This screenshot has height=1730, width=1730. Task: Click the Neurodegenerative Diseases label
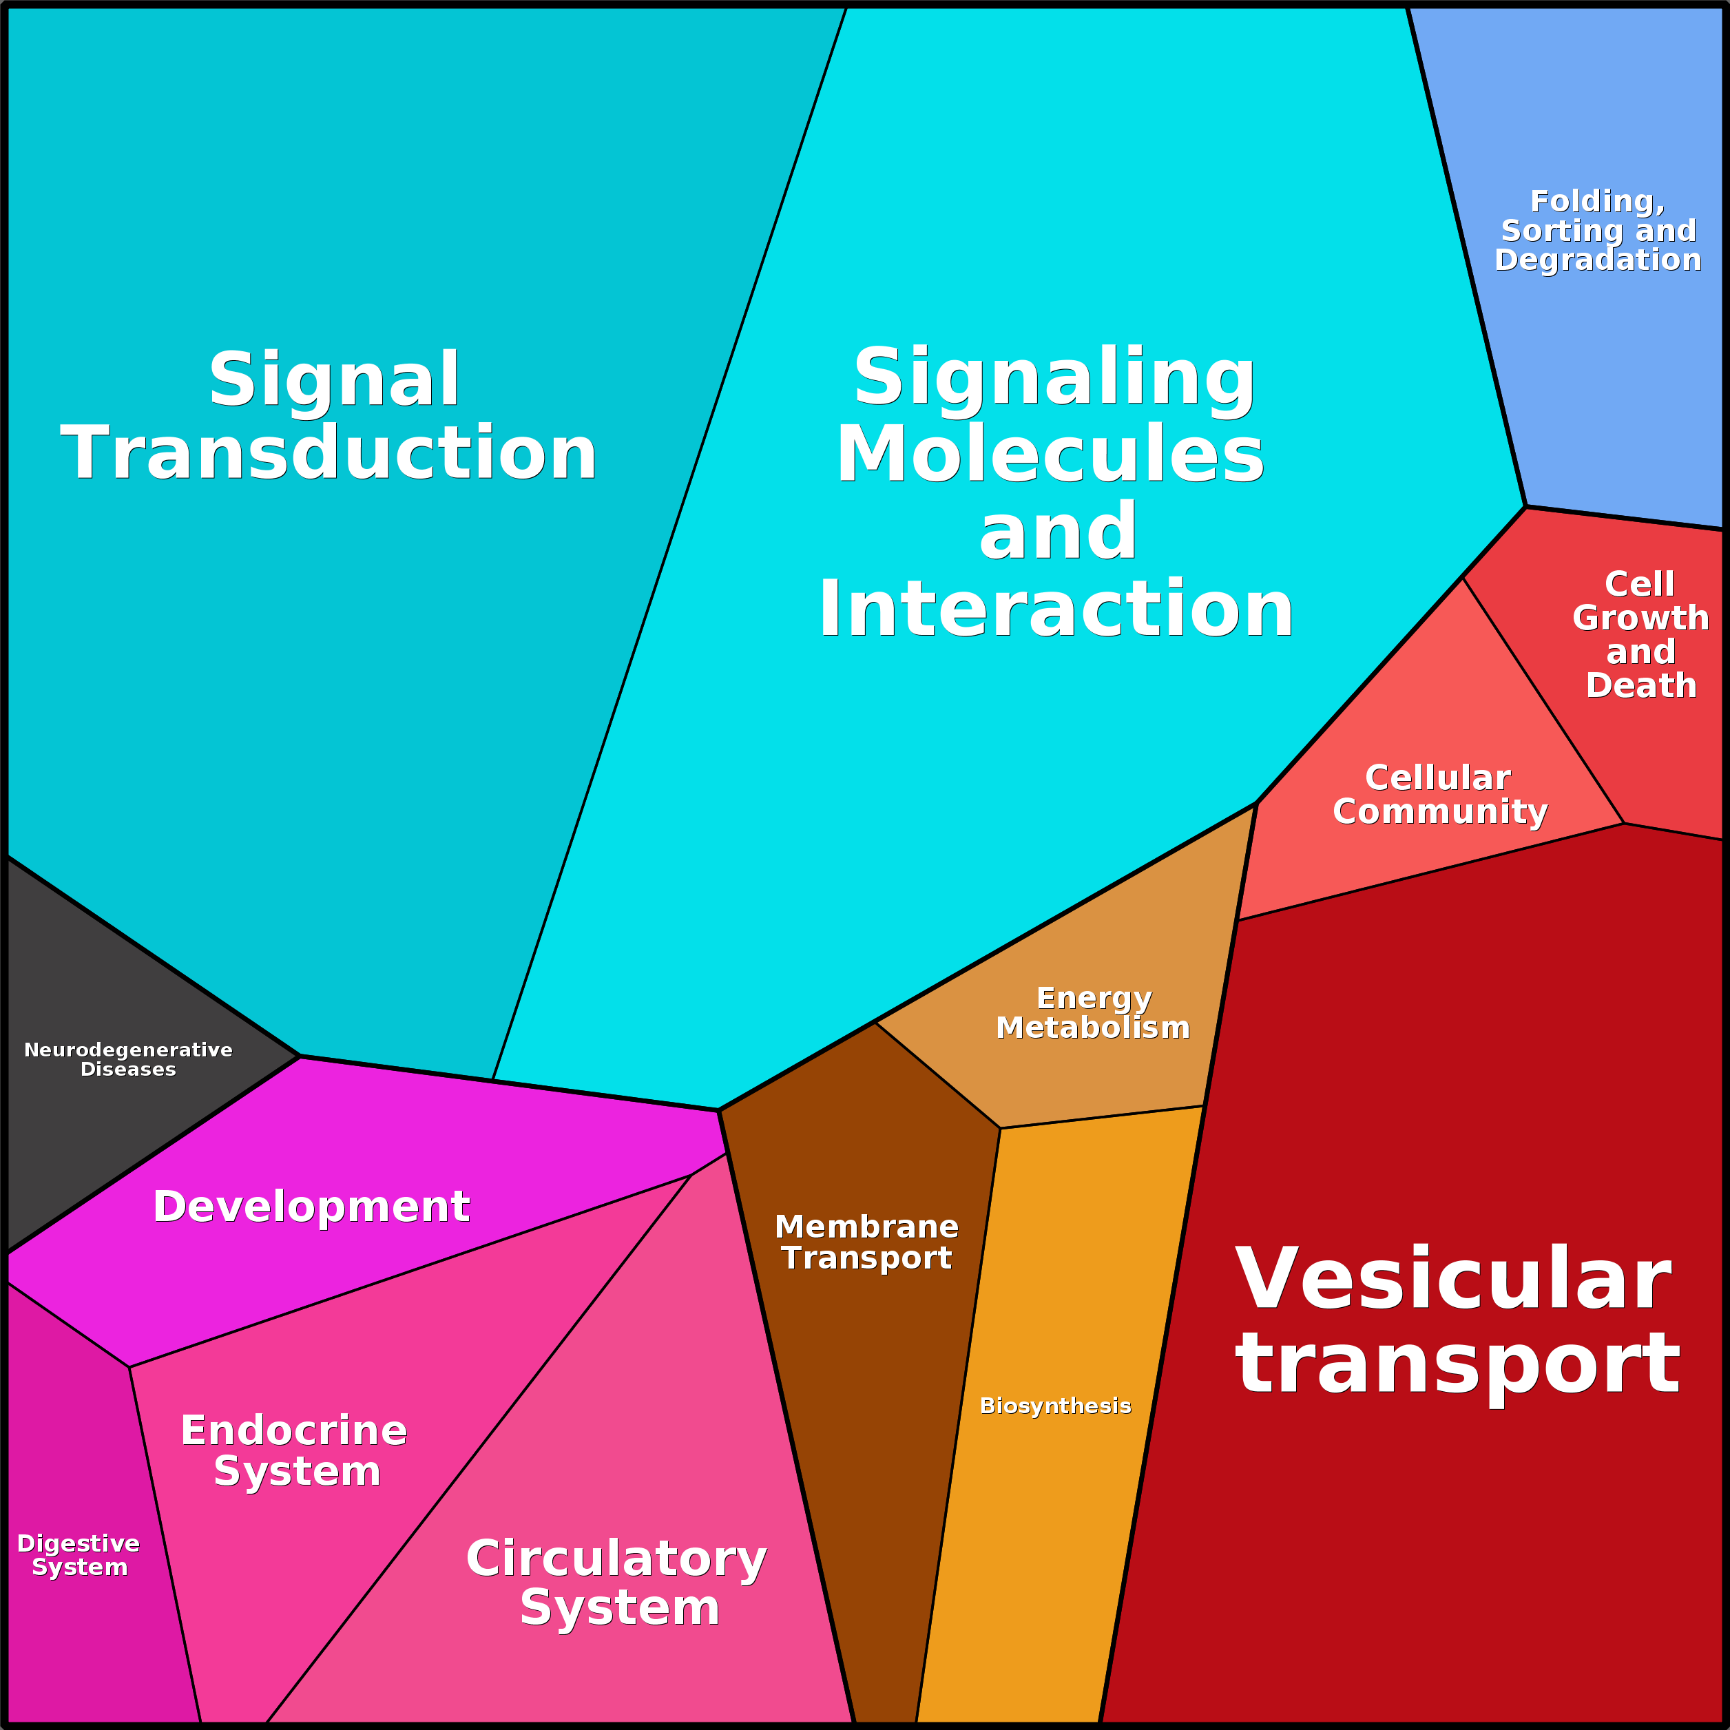128,1059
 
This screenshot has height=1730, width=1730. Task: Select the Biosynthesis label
1055,1405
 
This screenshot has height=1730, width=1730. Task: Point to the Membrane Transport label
866,1241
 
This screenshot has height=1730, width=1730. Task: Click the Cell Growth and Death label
1640,634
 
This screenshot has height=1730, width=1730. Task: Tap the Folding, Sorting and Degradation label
1598,230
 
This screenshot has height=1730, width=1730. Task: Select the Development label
311,1206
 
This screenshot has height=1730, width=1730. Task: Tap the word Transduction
329,453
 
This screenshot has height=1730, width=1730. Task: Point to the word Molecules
1050,454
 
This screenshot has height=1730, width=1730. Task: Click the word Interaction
1056,609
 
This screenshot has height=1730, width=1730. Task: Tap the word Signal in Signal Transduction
334,379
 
